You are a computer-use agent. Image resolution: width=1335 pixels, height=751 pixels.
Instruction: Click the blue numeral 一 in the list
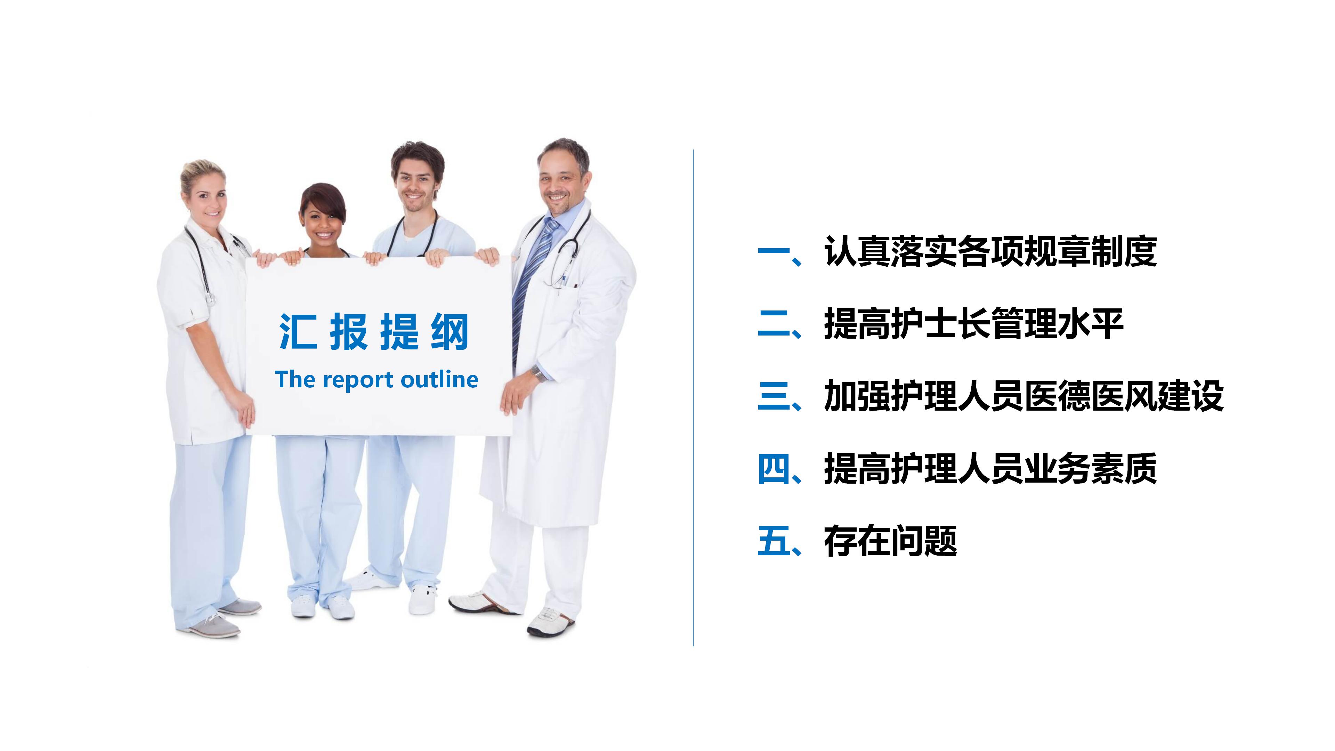[x=773, y=252]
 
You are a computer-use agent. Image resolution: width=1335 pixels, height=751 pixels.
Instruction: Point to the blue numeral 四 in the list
[x=773, y=469]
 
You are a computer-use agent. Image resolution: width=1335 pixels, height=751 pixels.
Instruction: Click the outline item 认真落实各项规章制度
[x=990, y=252]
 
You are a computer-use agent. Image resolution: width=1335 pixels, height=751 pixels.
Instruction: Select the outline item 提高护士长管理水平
[x=973, y=324]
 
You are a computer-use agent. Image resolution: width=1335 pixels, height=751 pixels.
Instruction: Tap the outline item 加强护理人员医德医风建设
[x=1023, y=396]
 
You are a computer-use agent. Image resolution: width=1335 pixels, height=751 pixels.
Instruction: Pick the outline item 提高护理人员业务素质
[x=990, y=469]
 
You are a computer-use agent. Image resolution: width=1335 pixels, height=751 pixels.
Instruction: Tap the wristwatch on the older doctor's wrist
[x=537, y=373]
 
